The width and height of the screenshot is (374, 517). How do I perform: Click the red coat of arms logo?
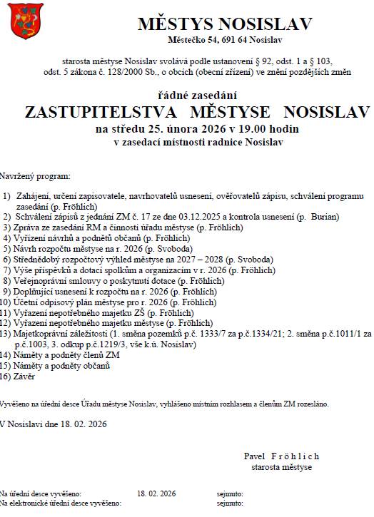point(21,21)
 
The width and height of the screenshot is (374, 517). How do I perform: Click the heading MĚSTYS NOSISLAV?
point(225,24)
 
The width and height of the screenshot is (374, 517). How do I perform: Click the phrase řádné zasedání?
point(198,95)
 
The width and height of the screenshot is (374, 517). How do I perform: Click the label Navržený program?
point(36,175)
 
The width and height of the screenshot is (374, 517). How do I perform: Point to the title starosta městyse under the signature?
point(281,467)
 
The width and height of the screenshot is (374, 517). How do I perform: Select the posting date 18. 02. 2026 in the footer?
point(156,493)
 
